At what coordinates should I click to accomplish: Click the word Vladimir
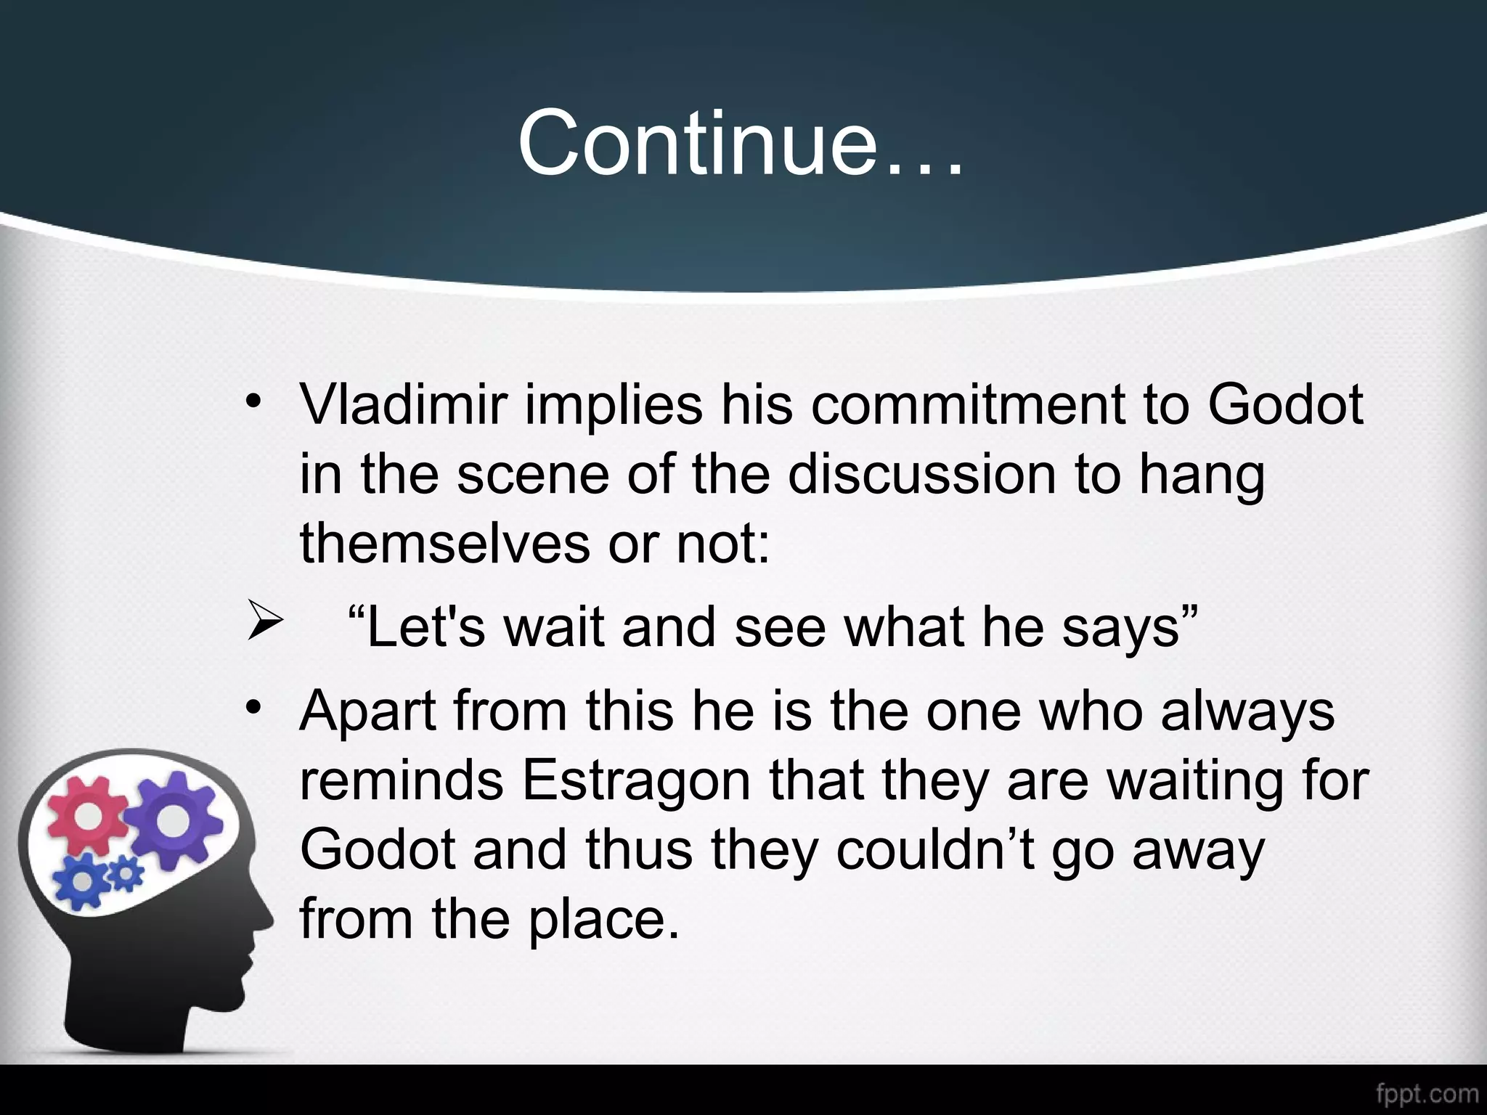(402, 404)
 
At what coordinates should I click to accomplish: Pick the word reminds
(402, 780)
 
